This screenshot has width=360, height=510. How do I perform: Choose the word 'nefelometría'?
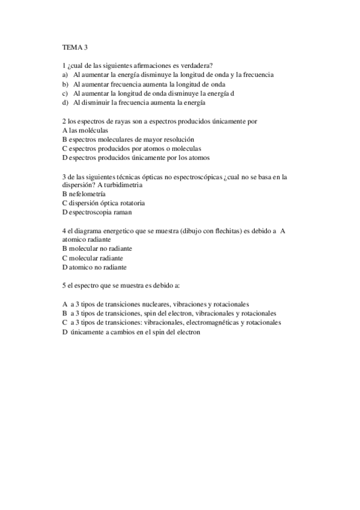(87, 194)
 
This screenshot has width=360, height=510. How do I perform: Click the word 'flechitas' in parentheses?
(228, 230)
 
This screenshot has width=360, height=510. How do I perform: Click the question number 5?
(64, 286)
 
